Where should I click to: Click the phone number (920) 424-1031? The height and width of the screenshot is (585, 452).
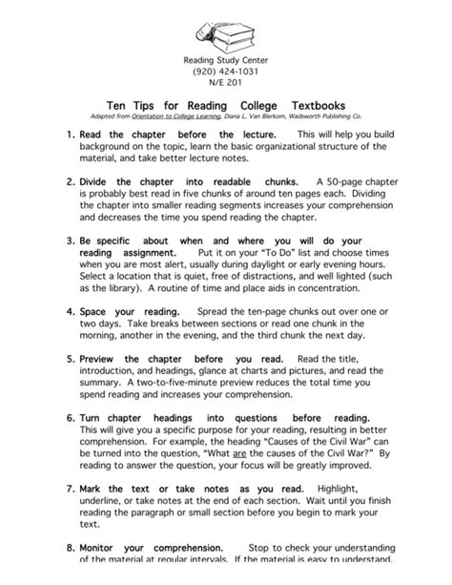[225, 71]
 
